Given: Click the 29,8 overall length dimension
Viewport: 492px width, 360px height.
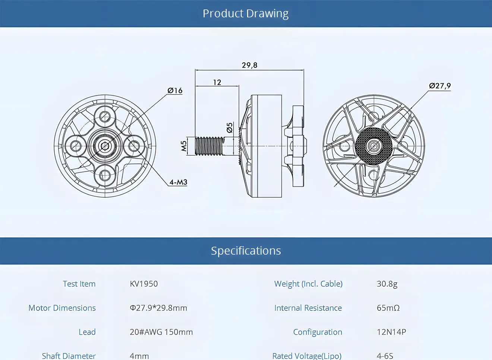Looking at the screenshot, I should (x=249, y=65).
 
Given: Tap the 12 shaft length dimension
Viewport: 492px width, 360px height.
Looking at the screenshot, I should (x=217, y=82).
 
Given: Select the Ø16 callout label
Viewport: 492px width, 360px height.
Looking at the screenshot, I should (x=175, y=91).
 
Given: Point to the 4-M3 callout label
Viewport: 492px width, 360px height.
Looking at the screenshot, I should (x=178, y=182).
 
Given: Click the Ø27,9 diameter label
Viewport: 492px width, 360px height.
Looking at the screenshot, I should (x=440, y=86).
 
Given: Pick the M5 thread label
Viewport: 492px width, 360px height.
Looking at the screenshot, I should (x=184, y=146).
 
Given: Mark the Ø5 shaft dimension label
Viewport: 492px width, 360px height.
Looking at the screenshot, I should (x=230, y=128).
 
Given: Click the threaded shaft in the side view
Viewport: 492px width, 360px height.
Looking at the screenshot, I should (x=209, y=146).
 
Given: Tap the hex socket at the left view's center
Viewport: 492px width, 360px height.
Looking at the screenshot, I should (x=105, y=146).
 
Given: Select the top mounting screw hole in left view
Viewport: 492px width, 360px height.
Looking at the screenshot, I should (x=105, y=117).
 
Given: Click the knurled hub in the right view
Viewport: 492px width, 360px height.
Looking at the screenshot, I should (x=373, y=146).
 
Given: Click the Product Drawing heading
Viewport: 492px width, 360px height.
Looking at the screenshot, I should (x=246, y=13).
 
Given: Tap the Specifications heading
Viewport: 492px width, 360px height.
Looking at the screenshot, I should (x=246, y=251).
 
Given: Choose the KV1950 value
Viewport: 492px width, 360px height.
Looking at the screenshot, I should (x=144, y=284).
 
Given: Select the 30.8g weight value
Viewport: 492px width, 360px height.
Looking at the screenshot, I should (x=387, y=284).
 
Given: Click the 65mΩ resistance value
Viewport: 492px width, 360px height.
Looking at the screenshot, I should (x=388, y=308).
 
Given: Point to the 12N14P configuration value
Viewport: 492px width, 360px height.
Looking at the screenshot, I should (x=391, y=332).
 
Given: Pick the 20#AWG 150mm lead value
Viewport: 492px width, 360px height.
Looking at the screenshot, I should (x=161, y=332).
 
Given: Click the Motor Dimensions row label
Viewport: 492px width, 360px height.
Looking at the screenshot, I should (x=62, y=308).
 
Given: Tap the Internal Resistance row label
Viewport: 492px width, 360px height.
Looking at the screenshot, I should (x=308, y=308).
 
